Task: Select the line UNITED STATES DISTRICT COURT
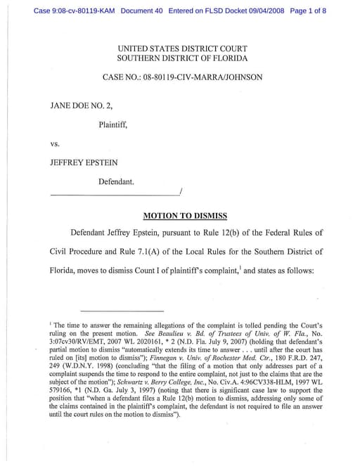(182, 48)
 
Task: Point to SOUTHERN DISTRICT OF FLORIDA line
(182, 58)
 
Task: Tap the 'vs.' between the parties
(55, 144)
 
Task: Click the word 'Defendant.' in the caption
(116, 181)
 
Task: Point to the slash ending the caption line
(181, 191)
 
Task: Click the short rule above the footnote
(122, 310)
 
